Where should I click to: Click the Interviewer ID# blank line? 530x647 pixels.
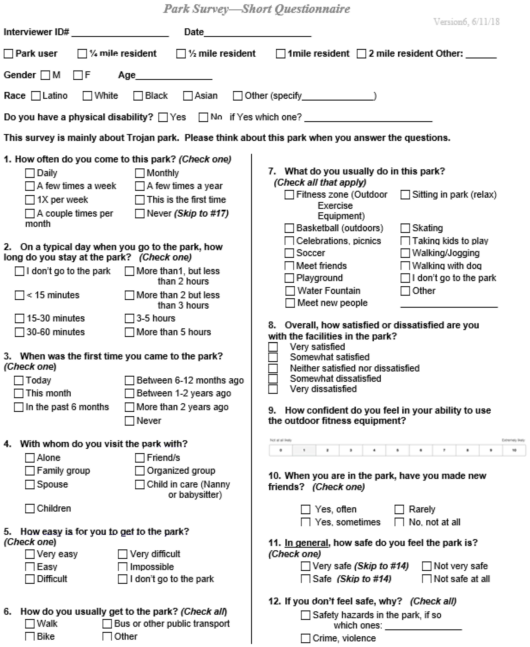[x=120, y=33]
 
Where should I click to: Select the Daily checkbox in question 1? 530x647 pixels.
[x=30, y=173]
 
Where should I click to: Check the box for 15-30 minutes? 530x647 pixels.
[x=20, y=318]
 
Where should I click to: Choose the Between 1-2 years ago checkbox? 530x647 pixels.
[x=129, y=393]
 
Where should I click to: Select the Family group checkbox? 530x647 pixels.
[x=30, y=471]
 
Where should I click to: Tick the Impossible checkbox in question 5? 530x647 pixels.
[x=122, y=567]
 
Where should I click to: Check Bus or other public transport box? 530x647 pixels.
[x=107, y=624]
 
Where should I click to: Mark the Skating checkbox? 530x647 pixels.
[x=405, y=228]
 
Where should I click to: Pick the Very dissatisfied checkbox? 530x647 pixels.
[x=273, y=389]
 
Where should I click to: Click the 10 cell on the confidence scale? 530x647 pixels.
[x=514, y=450]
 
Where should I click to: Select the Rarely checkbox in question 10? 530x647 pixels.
[x=399, y=509]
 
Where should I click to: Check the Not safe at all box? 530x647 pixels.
[x=427, y=579]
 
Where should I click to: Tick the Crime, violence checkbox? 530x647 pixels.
[x=306, y=638]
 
